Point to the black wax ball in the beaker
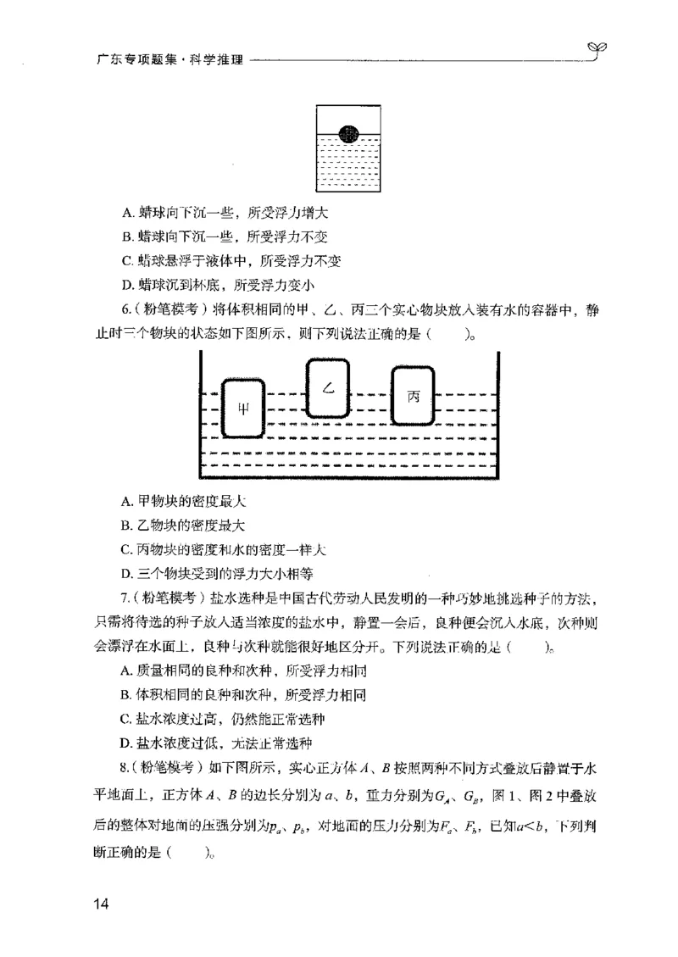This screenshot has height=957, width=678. click(x=348, y=133)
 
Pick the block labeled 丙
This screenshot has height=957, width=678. click(x=414, y=396)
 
